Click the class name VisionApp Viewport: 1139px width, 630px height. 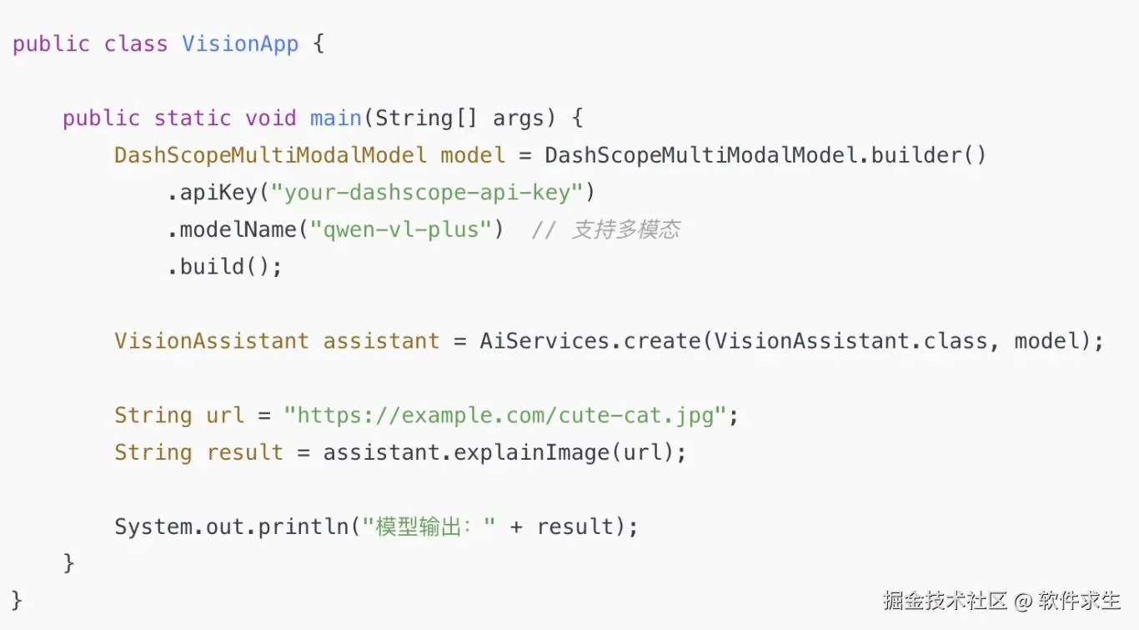pos(240,44)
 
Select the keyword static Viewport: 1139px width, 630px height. pos(192,118)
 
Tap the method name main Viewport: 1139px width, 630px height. pos(336,118)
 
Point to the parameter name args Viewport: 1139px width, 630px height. pos(519,118)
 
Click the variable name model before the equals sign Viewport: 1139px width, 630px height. pos(473,155)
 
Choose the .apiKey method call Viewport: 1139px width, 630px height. pos(212,193)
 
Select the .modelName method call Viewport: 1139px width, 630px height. pos(231,229)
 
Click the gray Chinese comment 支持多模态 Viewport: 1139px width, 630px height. pos(625,230)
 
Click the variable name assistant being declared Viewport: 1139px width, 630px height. pos(381,341)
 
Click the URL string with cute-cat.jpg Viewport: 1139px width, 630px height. pos(505,416)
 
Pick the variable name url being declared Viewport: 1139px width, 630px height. pos(225,416)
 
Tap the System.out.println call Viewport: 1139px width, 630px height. pos(231,527)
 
